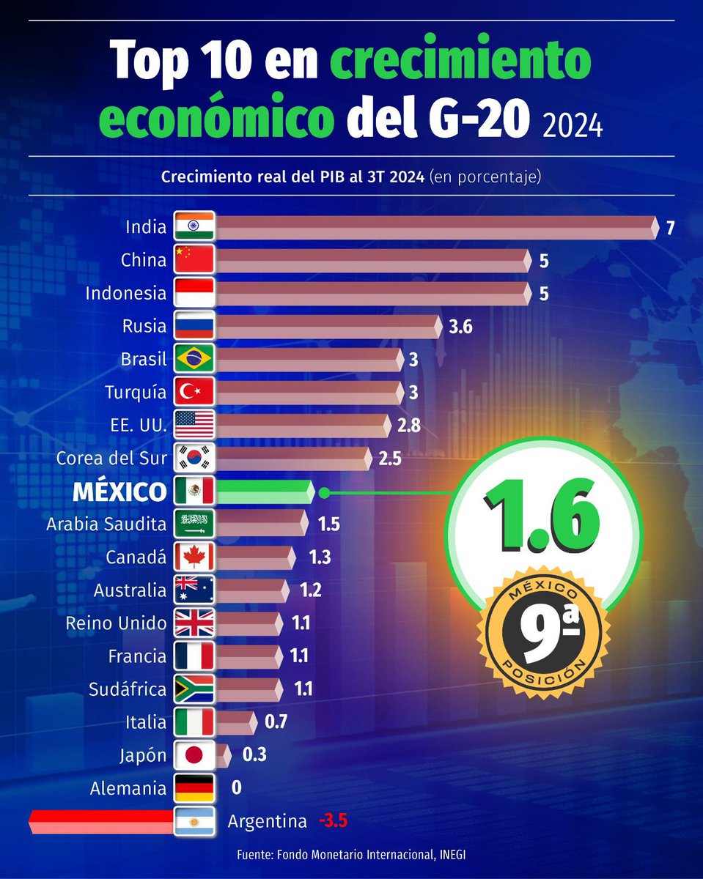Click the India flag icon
pos(194,227)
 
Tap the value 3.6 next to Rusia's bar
pos(460,327)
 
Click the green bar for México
pos(264,492)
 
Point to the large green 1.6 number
pos(542,515)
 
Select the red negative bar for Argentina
pos(103,821)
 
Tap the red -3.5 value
pos(332,821)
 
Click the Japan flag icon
pos(194,755)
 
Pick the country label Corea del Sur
pos(111,459)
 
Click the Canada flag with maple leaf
pos(194,557)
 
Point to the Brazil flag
pos(194,359)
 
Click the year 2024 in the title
pos(573,125)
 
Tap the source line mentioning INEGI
pos(351,855)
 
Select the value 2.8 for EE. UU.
pos(409,426)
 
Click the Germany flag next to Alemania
pos(194,788)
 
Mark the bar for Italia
pos(235,722)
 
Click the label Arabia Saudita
pos(106,524)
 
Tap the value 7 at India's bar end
pos(670,227)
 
